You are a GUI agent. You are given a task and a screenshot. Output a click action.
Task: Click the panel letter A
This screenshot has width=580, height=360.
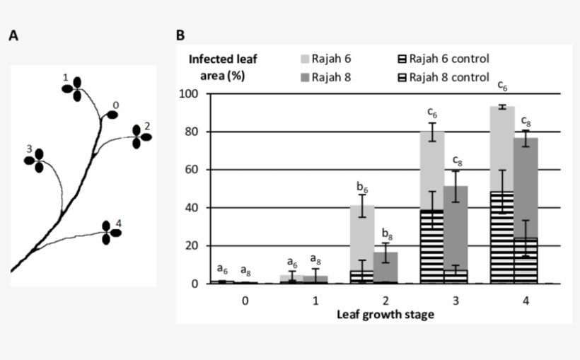[13, 35]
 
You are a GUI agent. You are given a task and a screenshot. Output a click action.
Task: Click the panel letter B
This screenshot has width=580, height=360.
[180, 35]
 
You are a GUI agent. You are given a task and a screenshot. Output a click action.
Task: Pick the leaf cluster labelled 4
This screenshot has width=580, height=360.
[110, 232]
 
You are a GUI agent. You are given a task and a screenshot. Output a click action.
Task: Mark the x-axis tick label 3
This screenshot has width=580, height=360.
[443, 300]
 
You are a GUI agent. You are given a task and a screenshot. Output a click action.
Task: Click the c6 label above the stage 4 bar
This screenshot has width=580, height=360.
[502, 86]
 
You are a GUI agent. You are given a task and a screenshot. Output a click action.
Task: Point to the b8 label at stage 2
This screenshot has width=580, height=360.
[385, 234]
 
